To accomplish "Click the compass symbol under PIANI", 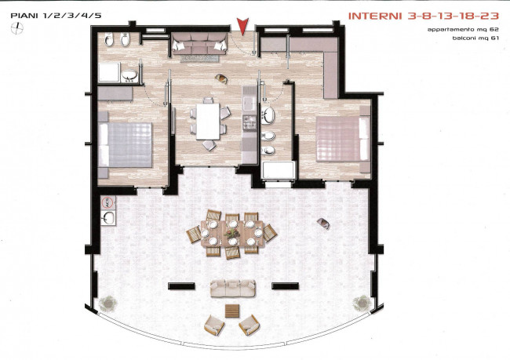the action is pyautogui.click(x=17, y=28).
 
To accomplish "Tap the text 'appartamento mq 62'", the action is pyautogui.click(x=463, y=30).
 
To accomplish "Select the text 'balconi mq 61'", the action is pyautogui.click(x=475, y=38).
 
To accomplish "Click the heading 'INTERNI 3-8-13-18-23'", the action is pyautogui.click(x=424, y=16).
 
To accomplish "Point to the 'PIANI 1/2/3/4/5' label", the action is pyautogui.click(x=56, y=16).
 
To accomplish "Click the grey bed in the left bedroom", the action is pyautogui.click(x=126, y=145).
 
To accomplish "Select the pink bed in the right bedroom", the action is pyautogui.click(x=343, y=139).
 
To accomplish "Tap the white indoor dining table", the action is pyautogui.click(x=207, y=122).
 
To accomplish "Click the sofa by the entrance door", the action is pyautogui.click(x=199, y=44).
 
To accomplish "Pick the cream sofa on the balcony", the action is pyautogui.click(x=232, y=288).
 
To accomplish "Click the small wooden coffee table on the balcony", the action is pyautogui.click(x=232, y=311).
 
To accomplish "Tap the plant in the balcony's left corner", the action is pyautogui.click(x=107, y=303).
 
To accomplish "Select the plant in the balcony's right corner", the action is pyautogui.click(x=362, y=303).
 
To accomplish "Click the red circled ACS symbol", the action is pyautogui.click(x=107, y=203).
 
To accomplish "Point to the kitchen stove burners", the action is pyautogui.click(x=250, y=123).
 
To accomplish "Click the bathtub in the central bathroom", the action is pyautogui.click(x=279, y=170).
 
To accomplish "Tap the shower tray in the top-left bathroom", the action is pyautogui.click(x=109, y=72).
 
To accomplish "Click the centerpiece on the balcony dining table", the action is pyautogui.click(x=232, y=233).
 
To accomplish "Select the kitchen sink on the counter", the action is pyautogui.click(x=250, y=104).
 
